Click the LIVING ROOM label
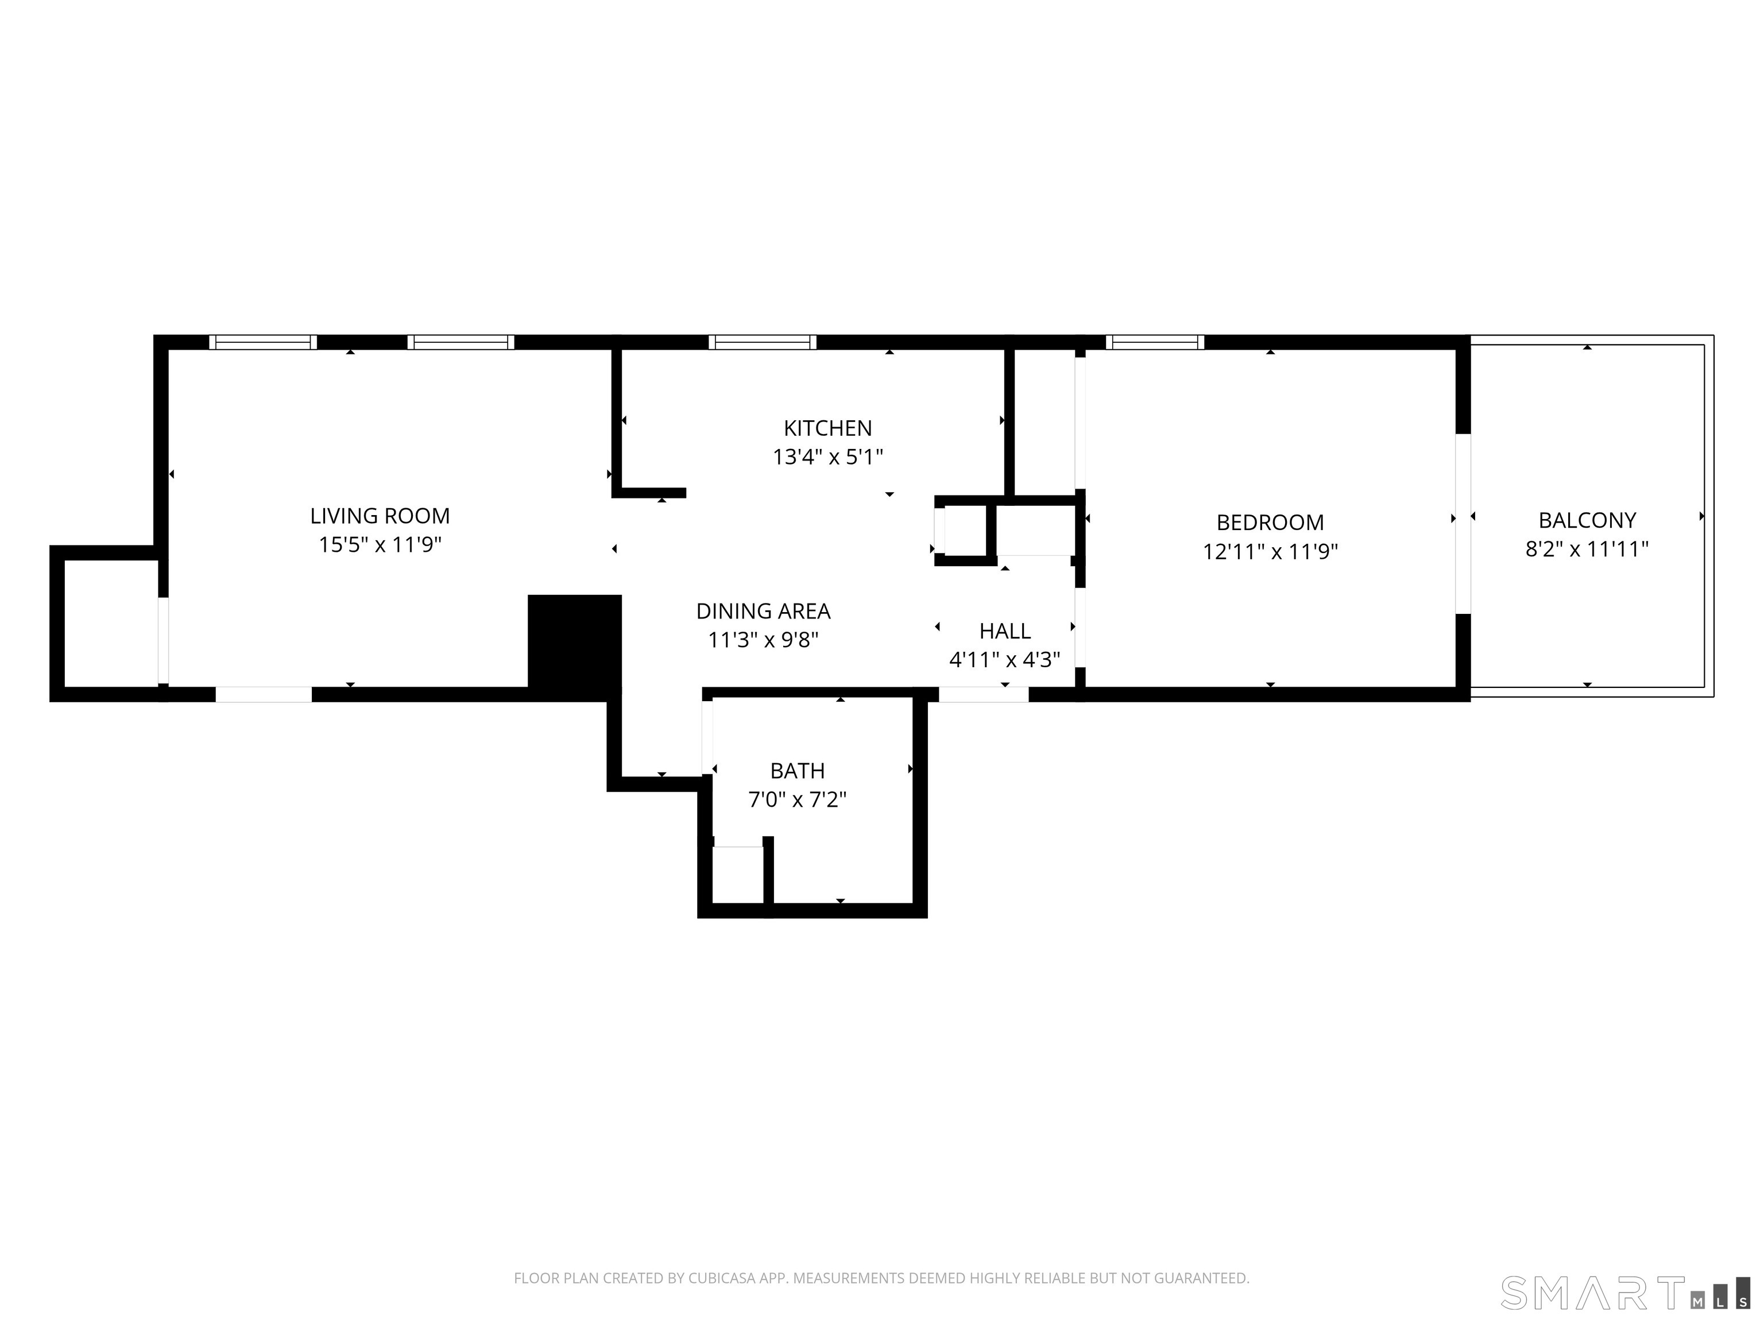[x=380, y=516]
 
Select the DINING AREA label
[x=763, y=611]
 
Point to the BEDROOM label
[x=1270, y=523]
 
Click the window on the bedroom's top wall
[x=1154, y=342]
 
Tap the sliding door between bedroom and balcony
[x=1463, y=524]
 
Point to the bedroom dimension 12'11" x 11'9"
[x=1270, y=551]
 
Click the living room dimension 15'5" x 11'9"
[x=380, y=545]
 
